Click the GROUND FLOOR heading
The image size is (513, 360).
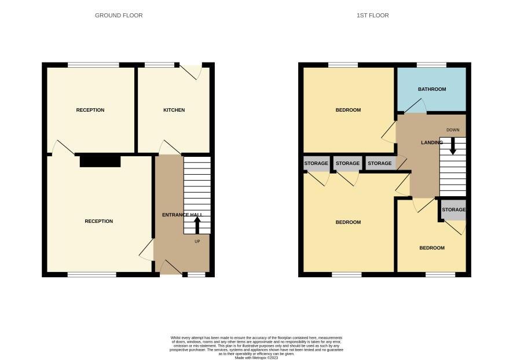pos(119,16)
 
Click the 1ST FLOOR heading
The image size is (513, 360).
pos(373,16)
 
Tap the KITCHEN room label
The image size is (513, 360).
pos(174,110)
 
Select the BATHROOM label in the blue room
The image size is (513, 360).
pos(432,89)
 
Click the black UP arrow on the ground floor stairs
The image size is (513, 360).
pos(197,225)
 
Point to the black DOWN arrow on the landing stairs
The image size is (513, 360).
pos(453,146)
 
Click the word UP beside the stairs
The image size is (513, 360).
pos(197,241)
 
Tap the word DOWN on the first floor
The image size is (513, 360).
pos(453,130)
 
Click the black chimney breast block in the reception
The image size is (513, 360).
pos(100,161)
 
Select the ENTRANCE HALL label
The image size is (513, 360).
pos(182,215)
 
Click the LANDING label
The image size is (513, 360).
pos(432,142)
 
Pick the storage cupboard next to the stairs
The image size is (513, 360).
pos(453,210)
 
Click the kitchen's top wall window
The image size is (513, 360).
pos(160,65)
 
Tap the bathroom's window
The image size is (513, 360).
pos(431,65)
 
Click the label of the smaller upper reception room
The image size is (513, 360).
pos(90,110)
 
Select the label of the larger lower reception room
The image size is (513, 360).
pos(99,221)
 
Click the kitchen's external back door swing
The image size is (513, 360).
pos(192,72)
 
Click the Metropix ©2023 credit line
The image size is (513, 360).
pos(256,358)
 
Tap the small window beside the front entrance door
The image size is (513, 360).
pos(196,275)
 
